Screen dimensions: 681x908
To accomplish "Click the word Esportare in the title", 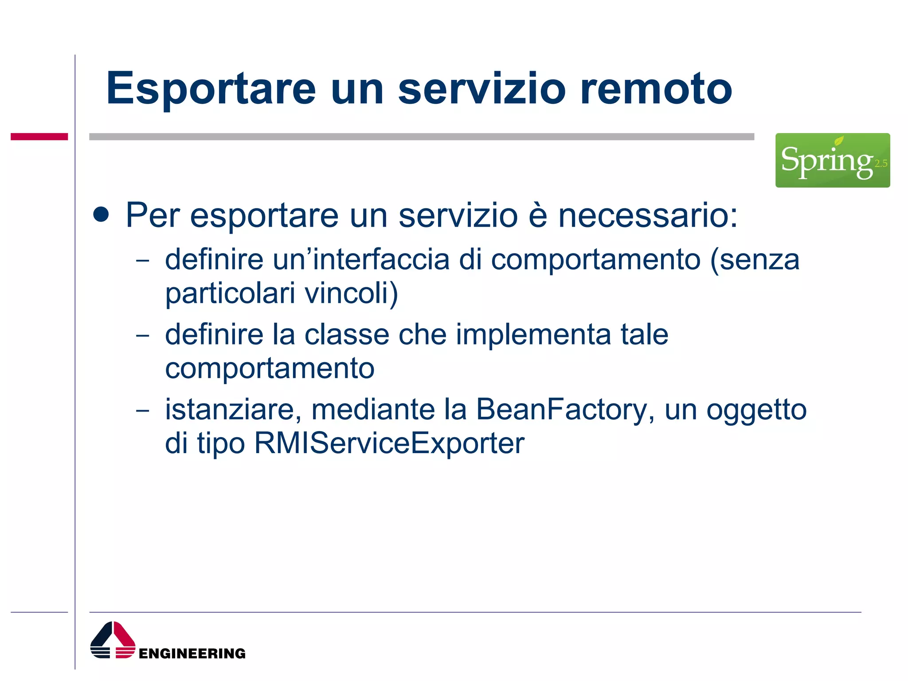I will [211, 89].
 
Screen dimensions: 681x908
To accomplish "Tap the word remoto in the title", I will [656, 89].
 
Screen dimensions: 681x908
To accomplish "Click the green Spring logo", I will [832, 160].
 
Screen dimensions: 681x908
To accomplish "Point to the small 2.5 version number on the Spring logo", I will [881, 164].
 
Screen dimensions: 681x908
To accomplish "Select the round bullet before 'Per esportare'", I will [101, 215].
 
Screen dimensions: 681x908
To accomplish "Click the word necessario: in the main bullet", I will [648, 215].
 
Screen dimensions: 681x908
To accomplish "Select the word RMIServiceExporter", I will [389, 443].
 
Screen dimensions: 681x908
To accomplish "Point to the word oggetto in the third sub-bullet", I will [756, 410].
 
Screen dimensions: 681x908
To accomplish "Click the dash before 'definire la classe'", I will [142, 336].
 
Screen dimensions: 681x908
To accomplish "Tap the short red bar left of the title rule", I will [39, 137].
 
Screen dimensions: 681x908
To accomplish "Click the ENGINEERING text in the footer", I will [192, 653].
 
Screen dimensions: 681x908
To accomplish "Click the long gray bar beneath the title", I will [421, 137].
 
